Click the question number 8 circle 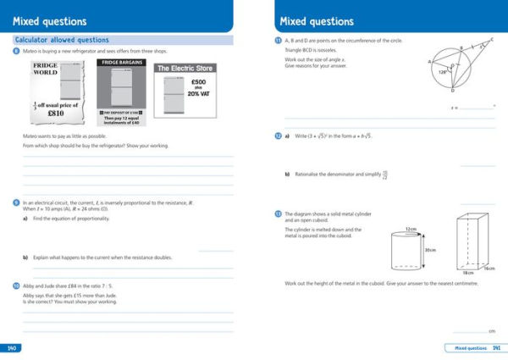coord(17,52)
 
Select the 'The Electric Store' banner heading coord(185,69)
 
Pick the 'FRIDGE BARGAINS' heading coord(120,63)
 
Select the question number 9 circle coord(17,203)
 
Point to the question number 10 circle coord(17,286)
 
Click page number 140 coord(12,348)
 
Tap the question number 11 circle coord(278,41)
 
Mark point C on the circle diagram coord(492,39)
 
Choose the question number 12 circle coord(278,136)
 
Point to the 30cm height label coord(430,250)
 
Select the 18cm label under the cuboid coord(467,273)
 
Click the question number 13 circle coord(278,213)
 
